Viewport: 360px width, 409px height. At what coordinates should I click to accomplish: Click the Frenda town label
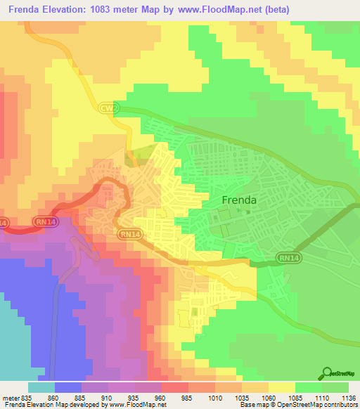(x=239, y=200)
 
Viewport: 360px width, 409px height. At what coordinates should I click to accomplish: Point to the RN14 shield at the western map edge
(x=4, y=222)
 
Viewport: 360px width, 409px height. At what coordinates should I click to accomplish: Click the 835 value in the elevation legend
(x=27, y=396)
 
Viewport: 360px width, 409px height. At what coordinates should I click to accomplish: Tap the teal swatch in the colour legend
(x=41, y=387)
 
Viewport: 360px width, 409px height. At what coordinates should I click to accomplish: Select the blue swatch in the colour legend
(x=68, y=387)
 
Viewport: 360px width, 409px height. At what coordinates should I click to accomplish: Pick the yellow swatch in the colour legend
(x=282, y=387)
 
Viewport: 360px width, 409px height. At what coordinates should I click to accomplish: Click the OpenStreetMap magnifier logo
(x=326, y=374)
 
